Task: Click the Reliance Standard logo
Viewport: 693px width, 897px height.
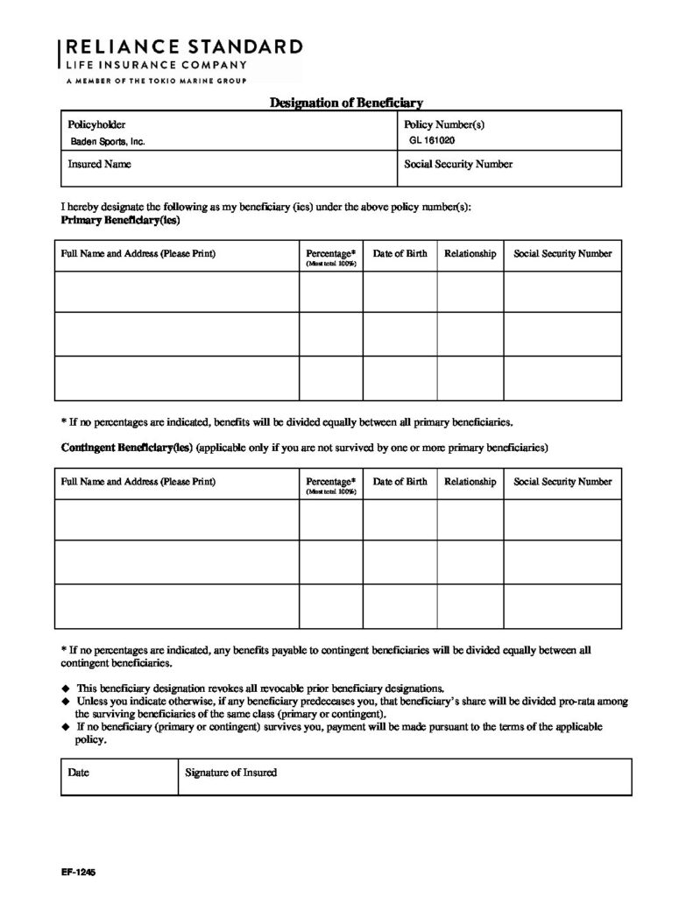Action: click(181, 59)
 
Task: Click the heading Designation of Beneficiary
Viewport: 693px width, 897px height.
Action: click(346, 102)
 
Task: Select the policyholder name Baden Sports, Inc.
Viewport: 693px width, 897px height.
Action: click(108, 140)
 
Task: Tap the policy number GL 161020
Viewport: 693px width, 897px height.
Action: click(432, 139)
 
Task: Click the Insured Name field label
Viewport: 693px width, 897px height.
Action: click(99, 164)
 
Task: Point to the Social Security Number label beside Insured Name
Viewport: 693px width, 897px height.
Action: click(458, 164)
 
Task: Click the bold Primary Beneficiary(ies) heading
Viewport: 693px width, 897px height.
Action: click(120, 222)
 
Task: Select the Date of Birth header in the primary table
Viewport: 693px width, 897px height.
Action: click(400, 254)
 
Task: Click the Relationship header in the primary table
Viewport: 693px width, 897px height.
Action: click(470, 254)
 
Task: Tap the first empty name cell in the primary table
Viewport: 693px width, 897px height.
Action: click(178, 292)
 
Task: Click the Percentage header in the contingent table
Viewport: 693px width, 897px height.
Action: click(330, 482)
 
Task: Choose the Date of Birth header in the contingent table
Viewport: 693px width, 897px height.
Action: click(400, 482)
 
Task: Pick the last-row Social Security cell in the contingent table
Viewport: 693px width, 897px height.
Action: click(562, 605)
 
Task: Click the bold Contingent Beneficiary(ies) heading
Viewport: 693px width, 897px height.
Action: click(126, 447)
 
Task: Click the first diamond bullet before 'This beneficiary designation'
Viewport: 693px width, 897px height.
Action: click(66, 688)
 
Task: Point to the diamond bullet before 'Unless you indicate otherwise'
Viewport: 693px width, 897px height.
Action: click(66, 702)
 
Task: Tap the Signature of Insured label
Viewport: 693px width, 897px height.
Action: click(231, 773)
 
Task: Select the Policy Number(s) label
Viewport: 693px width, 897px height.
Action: click(444, 125)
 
